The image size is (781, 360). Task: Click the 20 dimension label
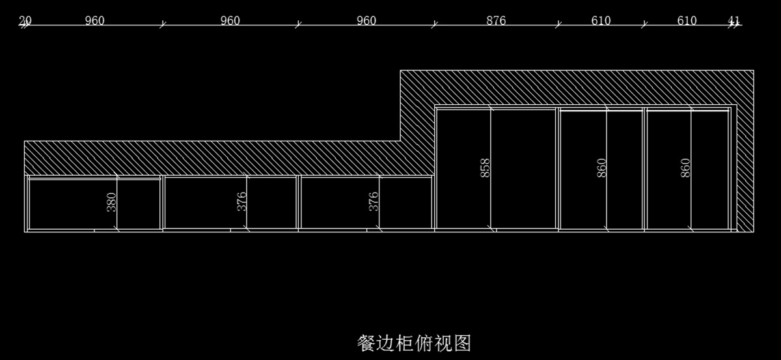click(25, 20)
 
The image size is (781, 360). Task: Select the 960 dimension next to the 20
click(94, 20)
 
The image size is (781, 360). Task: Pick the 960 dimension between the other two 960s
click(230, 20)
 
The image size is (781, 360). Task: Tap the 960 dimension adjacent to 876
click(366, 20)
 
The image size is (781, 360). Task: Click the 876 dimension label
click(496, 20)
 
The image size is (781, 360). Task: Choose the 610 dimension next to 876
click(601, 20)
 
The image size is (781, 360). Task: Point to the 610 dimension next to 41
click(687, 20)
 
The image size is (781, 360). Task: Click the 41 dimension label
click(733, 20)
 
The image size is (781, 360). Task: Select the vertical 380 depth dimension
click(111, 202)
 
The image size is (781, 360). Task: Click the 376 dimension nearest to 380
click(241, 201)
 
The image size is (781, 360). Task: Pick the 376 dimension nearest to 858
click(374, 201)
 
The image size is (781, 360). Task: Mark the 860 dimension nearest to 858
click(601, 168)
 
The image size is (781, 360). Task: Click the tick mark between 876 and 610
click(558, 25)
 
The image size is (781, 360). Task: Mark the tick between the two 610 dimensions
click(644, 25)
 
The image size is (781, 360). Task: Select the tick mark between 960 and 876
click(435, 25)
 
